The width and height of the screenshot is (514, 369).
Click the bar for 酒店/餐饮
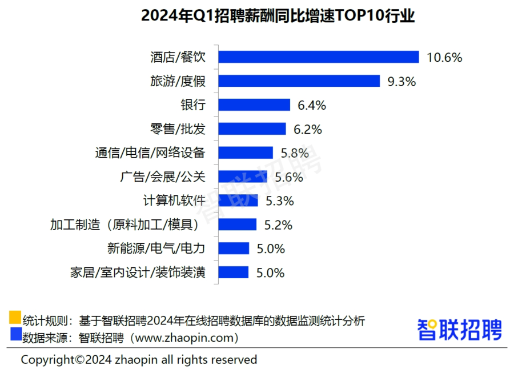click(x=319, y=57)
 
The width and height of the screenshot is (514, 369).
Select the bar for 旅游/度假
click(x=299, y=81)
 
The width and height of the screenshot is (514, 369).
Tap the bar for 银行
click(x=254, y=105)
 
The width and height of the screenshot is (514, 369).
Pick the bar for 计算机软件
click(x=238, y=200)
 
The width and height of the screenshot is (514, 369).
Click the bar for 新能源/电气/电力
click(x=234, y=248)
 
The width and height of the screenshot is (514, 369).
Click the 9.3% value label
click(x=401, y=81)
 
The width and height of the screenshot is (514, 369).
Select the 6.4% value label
click(x=311, y=105)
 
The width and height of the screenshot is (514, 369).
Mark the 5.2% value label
click(x=278, y=225)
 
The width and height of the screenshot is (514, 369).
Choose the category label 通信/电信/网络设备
click(x=149, y=153)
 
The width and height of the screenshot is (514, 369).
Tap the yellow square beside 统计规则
click(x=15, y=317)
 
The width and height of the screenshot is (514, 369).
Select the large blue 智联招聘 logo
click(x=459, y=330)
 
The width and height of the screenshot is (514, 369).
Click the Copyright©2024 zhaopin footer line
click(x=139, y=360)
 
